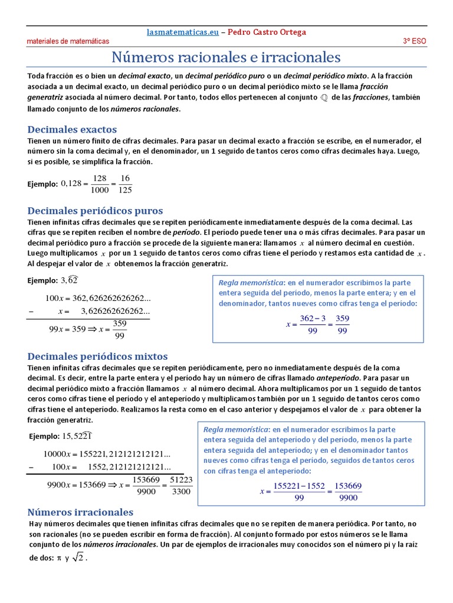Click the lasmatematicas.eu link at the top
(x=183, y=32)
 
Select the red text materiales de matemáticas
(x=68, y=42)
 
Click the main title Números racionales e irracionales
(x=226, y=58)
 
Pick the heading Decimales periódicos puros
(x=96, y=210)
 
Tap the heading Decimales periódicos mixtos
(x=98, y=356)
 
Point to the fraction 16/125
(x=124, y=184)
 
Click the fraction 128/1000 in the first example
(x=100, y=184)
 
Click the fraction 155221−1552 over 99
(x=299, y=492)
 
